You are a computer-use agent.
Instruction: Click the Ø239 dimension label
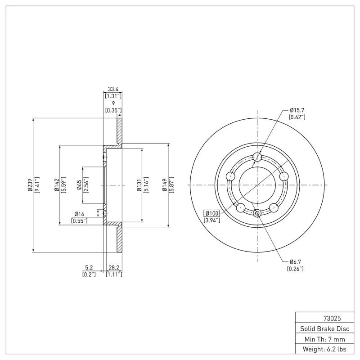(30, 185)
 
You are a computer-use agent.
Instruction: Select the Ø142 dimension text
(57, 185)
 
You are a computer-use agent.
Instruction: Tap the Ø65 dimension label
(79, 185)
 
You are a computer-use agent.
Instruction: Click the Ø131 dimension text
(139, 185)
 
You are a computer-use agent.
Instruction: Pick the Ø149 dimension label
(165, 185)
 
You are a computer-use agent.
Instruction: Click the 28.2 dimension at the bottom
(113, 268)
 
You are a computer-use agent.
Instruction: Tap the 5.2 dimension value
(89, 268)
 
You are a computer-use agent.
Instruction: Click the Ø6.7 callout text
(295, 262)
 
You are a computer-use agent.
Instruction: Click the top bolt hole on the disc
(257, 157)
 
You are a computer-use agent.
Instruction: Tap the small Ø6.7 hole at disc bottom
(257, 213)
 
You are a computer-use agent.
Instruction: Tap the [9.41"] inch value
(36, 185)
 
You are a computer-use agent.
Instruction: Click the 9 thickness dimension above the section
(113, 103)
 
